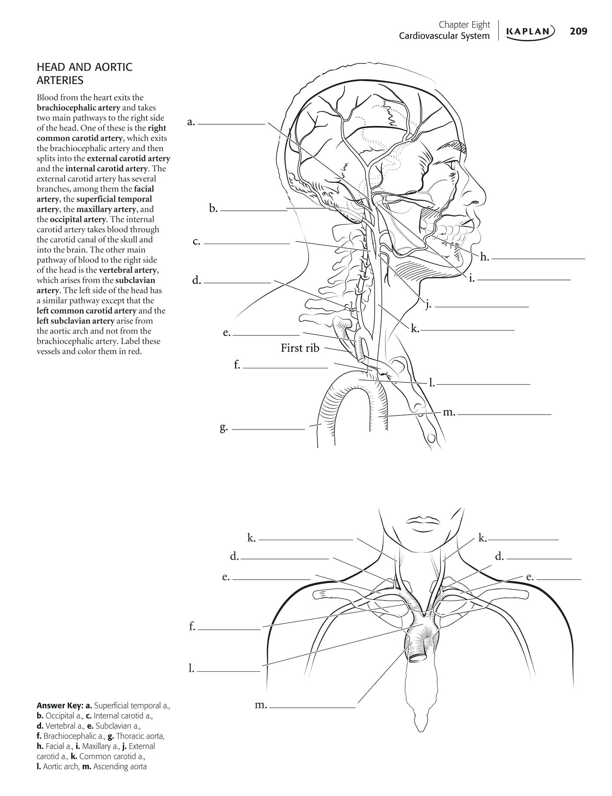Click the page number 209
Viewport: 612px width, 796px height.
[x=578, y=31]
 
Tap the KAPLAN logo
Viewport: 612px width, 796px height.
[x=530, y=31]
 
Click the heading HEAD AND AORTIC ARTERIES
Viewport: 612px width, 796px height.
[x=84, y=73]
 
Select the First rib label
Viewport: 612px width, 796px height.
[x=300, y=348]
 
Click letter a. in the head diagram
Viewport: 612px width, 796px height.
[x=191, y=122]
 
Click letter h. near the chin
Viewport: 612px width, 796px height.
[x=484, y=257]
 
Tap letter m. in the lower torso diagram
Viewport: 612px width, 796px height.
[x=261, y=704]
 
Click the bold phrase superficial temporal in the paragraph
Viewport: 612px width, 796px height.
[x=114, y=199]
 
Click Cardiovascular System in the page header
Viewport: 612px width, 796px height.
[x=444, y=36]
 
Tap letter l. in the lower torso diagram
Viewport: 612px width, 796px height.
[x=191, y=668]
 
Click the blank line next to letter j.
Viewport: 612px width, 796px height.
[x=482, y=307]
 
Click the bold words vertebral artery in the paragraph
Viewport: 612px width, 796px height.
[x=128, y=270]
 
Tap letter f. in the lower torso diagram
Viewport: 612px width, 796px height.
[x=192, y=626]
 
